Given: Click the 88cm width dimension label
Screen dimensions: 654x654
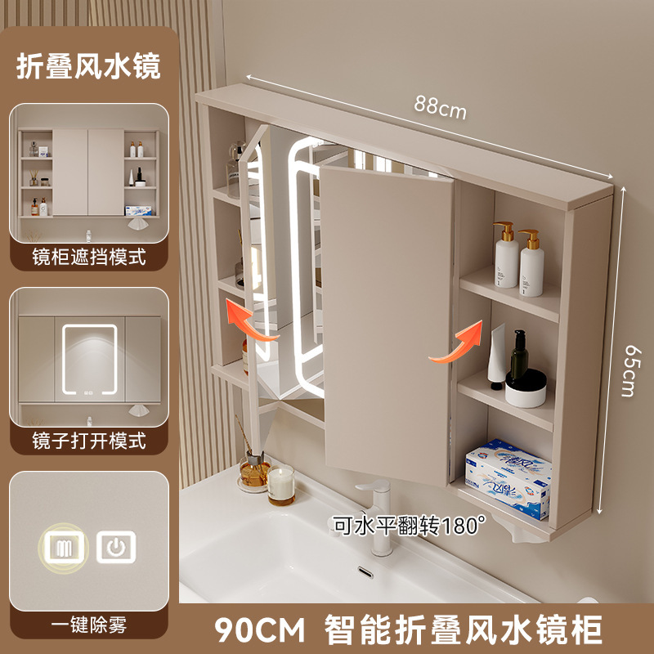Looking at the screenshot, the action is tap(440, 107).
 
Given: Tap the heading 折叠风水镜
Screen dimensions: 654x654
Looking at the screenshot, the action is tap(88, 66).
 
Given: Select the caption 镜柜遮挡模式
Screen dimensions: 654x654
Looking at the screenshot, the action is tap(89, 257).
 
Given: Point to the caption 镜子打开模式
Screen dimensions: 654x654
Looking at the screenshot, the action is tap(89, 441).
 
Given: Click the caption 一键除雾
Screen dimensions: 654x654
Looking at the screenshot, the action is tap(89, 625).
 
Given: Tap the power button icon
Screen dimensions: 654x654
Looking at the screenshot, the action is tap(116, 547).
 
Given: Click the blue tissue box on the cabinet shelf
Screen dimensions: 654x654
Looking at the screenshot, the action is tap(508, 478).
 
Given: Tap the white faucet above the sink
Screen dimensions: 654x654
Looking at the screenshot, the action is tap(378, 516).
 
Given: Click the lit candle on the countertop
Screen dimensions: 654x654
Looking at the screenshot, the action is tap(281, 485).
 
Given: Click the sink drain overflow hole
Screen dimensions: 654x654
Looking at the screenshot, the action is tap(365, 572).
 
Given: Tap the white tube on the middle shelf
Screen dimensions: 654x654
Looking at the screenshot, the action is tap(497, 356).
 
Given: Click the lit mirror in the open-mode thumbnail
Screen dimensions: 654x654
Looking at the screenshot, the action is tap(89, 360).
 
